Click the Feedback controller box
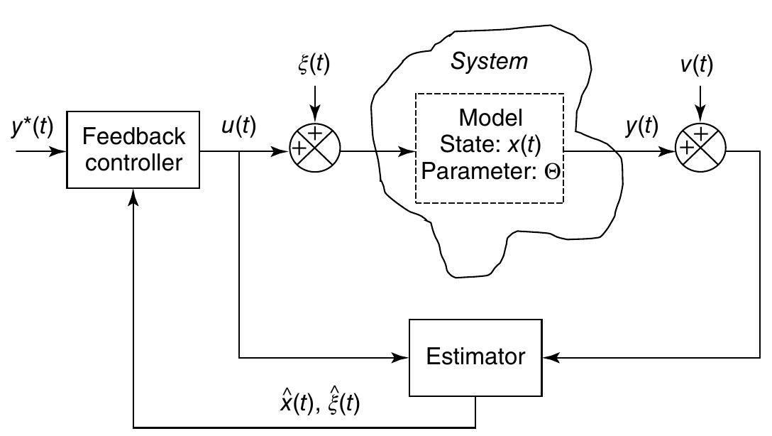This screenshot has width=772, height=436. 133,150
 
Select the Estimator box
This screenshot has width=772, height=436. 475,356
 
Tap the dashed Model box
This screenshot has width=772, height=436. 489,150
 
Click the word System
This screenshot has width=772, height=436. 490,62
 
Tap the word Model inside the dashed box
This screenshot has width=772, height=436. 489,117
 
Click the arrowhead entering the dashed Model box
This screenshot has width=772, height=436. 409,150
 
